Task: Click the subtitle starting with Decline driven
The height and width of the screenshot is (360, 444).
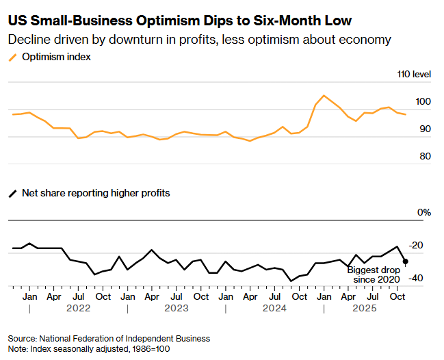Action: tap(199, 40)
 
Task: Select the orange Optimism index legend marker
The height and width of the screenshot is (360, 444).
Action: tap(13, 57)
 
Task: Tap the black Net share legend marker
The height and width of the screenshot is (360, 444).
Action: tap(13, 193)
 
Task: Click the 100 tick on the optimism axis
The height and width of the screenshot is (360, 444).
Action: tap(424, 102)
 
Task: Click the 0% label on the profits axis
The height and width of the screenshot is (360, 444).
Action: tap(424, 213)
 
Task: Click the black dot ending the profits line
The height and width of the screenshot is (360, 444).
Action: tap(406, 261)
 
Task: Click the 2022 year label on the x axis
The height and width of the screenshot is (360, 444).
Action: tap(78, 309)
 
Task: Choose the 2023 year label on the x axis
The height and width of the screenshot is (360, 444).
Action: tap(176, 309)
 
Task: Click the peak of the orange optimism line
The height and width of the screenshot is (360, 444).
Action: tap(324, 96)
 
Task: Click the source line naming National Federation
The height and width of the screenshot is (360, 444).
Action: tap(109, 338)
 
